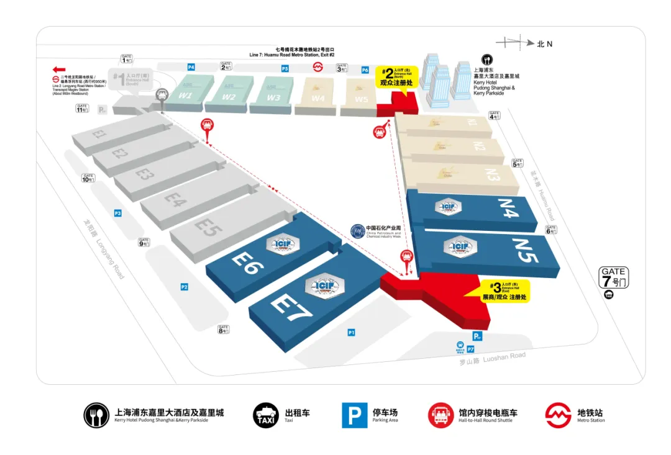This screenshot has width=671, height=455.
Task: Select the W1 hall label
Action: [x=186, y=96]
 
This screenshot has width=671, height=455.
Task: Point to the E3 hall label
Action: [x=145, y=174]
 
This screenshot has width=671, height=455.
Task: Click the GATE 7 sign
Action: [x=613, y=276]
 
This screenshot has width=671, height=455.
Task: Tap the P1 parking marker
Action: [x=351, y=333]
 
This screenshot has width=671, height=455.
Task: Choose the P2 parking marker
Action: [x=184, y=287]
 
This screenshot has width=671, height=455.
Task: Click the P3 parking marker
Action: [x=117, y=214]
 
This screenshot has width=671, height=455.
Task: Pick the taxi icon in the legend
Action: [x=266, y=415]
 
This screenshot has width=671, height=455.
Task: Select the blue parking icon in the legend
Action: [x=354, y=415]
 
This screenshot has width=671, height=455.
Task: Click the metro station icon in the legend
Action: [x=558, y=415]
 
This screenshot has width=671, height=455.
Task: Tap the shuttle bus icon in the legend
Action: [x=441, y=415]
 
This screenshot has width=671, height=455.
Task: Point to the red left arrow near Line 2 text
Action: [x=60, y=70]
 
